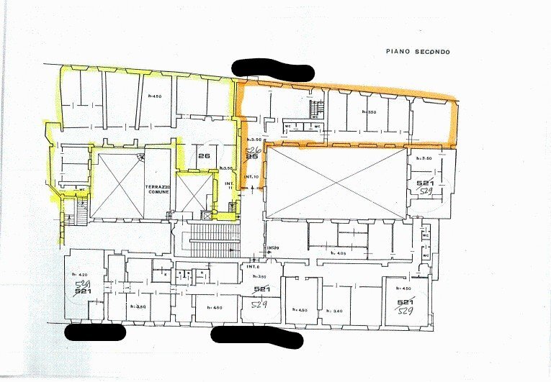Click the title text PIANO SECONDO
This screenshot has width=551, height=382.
(418, 51)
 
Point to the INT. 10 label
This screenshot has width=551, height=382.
(251, 176)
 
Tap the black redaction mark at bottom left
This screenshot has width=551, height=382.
(95, 332)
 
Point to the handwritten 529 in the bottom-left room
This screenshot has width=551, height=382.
(82, 285)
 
